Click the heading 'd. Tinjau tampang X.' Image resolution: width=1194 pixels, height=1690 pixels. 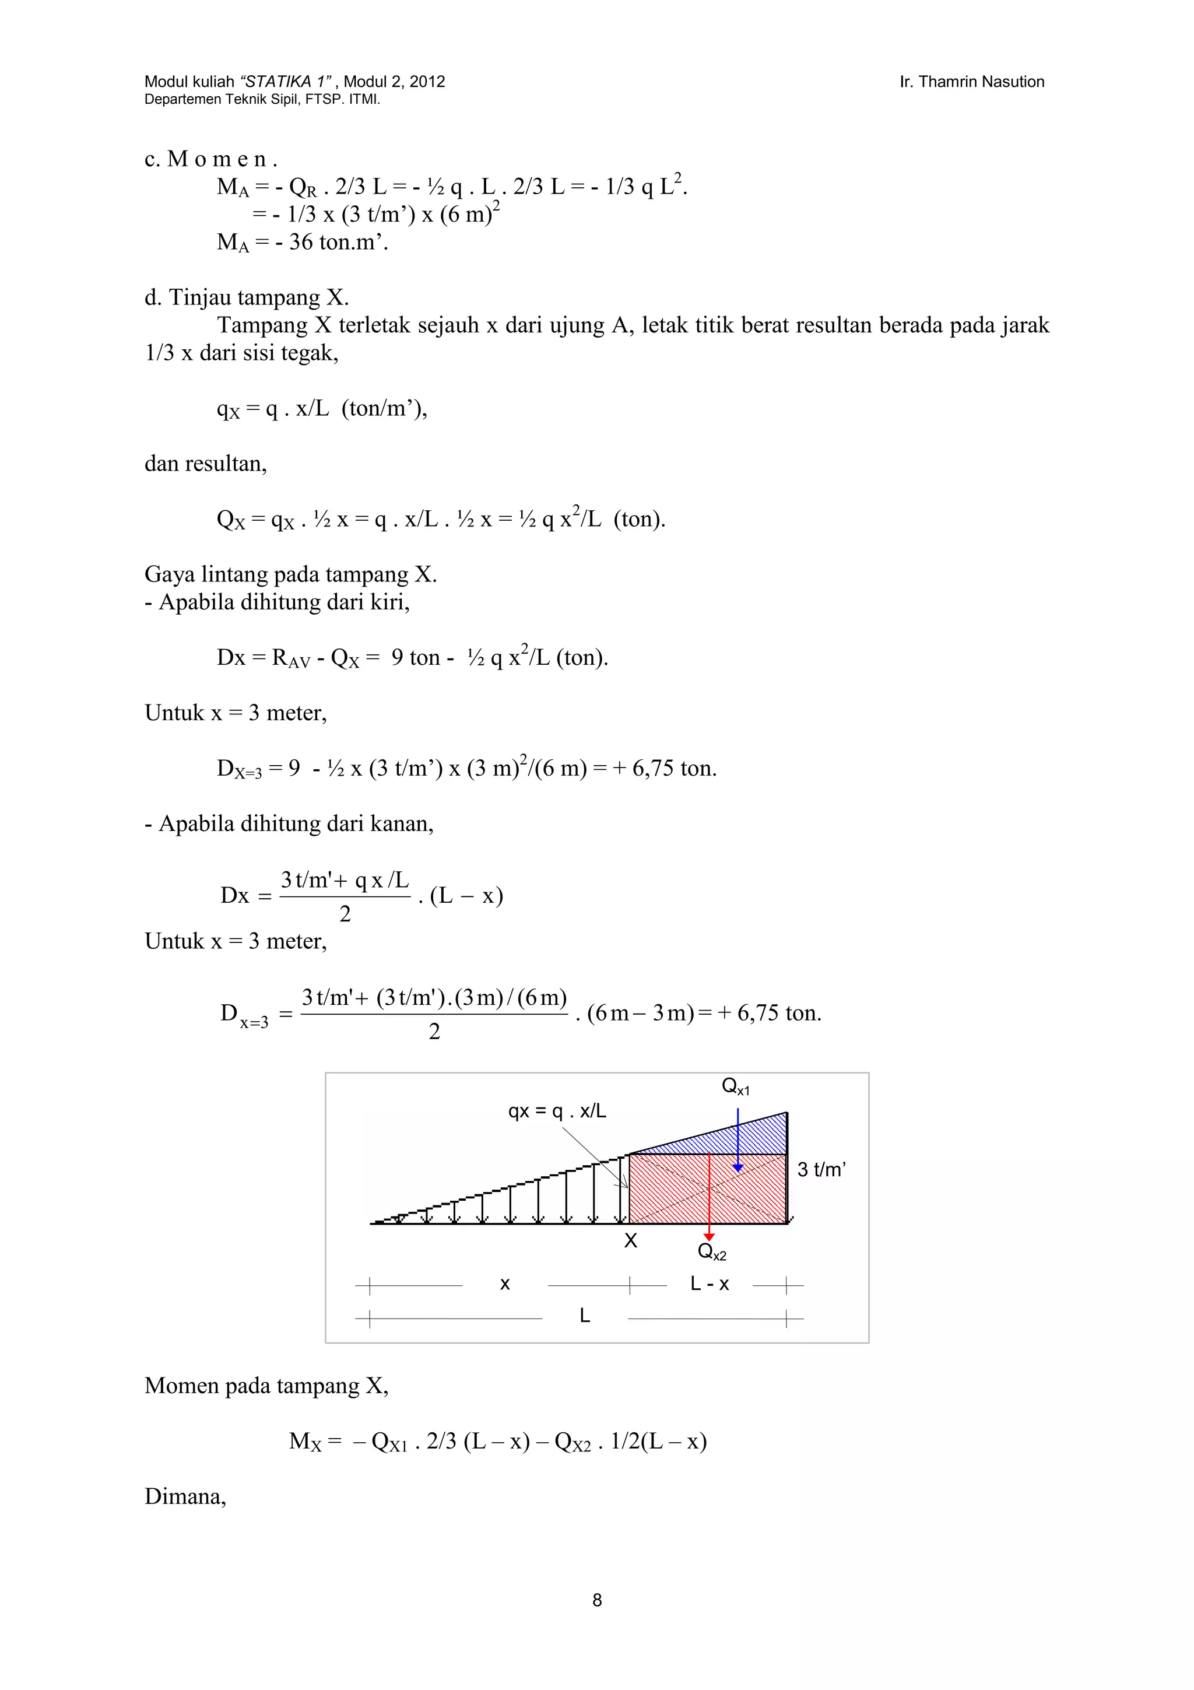pos(247,297)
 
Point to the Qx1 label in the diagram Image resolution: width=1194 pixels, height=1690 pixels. pos(735,1086)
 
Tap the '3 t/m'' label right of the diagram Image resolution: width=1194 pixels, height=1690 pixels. pos(821,1170)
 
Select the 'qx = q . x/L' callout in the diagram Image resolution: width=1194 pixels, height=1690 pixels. pos(557,1112)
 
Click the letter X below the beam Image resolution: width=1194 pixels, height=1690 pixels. pos(630,1241)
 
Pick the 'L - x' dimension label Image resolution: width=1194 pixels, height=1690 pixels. pos(709,1285)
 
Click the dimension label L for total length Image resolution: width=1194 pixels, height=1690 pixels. pos(584,1316)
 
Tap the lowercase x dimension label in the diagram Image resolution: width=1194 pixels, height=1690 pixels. pos(505,1285)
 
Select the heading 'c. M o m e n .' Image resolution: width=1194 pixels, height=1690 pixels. pos(210,159)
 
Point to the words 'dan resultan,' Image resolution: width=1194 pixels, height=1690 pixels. pos(205,464)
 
